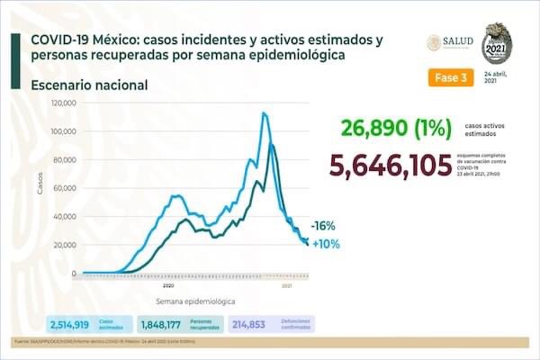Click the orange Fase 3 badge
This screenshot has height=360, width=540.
pyautogui.click(x=449, y=77)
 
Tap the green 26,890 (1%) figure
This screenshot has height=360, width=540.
pyautogui.click(x=395, y=129)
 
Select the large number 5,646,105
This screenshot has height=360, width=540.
pyautogui.click(x=391, y=166)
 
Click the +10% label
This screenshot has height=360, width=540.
pyautogui.click(x=325, y=244)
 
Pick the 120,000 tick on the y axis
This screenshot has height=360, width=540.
pyautogui.click(x=64, y=103)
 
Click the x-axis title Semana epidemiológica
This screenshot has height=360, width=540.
pyautogui.click(x=193, y=301)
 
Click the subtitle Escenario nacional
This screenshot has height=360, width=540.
pyautogui.click(x=89, y=85)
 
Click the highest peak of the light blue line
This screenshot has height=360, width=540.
pyautogui.click(x=264, y=112)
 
